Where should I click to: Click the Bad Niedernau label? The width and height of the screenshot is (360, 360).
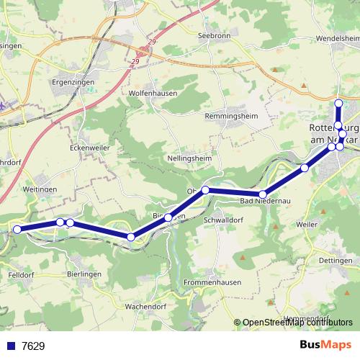coord(264,200)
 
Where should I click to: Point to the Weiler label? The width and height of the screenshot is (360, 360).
coord(307,225)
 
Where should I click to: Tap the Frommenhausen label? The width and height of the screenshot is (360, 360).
coord(212,282)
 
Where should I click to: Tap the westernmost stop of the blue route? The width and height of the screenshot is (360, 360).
coord(17,230)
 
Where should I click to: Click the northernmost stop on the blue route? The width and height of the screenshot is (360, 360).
coord(338,103)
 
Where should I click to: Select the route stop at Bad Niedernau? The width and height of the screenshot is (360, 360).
coord(264,194)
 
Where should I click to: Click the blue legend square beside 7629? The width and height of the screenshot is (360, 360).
coord(11,346)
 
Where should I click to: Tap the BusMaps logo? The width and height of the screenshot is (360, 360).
coord(326,346)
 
